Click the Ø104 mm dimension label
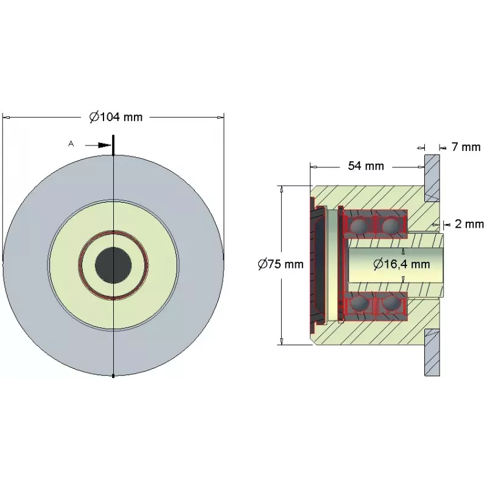coord(116,117)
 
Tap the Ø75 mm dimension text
coord(281,264)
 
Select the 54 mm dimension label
coord(366,166)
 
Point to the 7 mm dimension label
coord(466,147)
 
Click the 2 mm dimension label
coord(469,223)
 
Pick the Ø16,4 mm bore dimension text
coord(402,264)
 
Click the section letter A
coord(71,144)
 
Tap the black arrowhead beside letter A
coord(104,145)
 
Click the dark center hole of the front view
coord(113,265)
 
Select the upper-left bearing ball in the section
coord(359,225)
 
